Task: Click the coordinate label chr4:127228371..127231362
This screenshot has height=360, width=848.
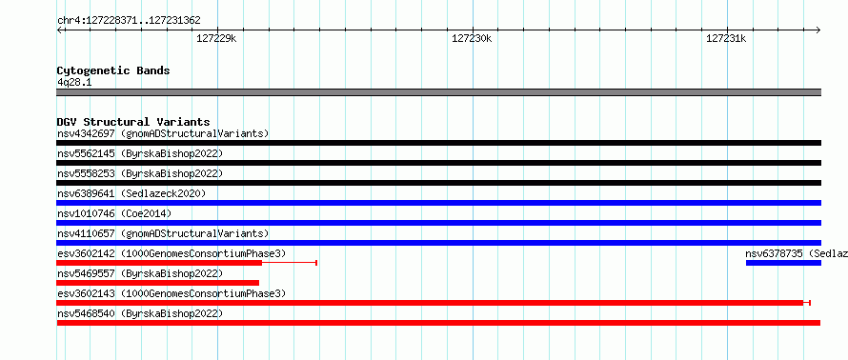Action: (x=129, y=21)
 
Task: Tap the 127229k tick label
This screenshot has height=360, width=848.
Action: (x=216, y=38)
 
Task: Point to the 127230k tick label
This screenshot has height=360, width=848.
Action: (x=472, y=38)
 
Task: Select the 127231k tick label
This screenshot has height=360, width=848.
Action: (x=726, y=38)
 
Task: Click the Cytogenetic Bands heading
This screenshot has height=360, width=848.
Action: (x=113, y=70)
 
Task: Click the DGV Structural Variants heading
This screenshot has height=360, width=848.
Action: (x=133, y=122)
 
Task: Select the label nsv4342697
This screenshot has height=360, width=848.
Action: (x=86, y=133)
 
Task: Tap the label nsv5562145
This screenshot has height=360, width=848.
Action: (x=86, y=153)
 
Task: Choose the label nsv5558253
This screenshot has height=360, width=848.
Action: (x=86, y=173)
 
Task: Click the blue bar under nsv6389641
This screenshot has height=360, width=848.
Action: (x=438, y=203)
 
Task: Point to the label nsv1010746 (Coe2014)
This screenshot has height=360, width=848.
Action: (x=114, y=213)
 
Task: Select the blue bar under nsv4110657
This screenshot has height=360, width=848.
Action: (x=438, y=243)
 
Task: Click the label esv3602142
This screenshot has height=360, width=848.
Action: (x=86, y=253)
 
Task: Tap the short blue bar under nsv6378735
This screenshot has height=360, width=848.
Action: (x=783, y=263)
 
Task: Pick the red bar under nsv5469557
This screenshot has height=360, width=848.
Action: (x=158, y=283)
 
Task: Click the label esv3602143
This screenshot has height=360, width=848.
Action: (x=86, y=293)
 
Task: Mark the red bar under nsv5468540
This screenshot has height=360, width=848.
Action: (x=438, y=323)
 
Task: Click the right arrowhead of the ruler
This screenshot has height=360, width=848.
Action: (x=818, y=30)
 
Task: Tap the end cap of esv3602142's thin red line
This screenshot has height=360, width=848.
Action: (x=316, y=263)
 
